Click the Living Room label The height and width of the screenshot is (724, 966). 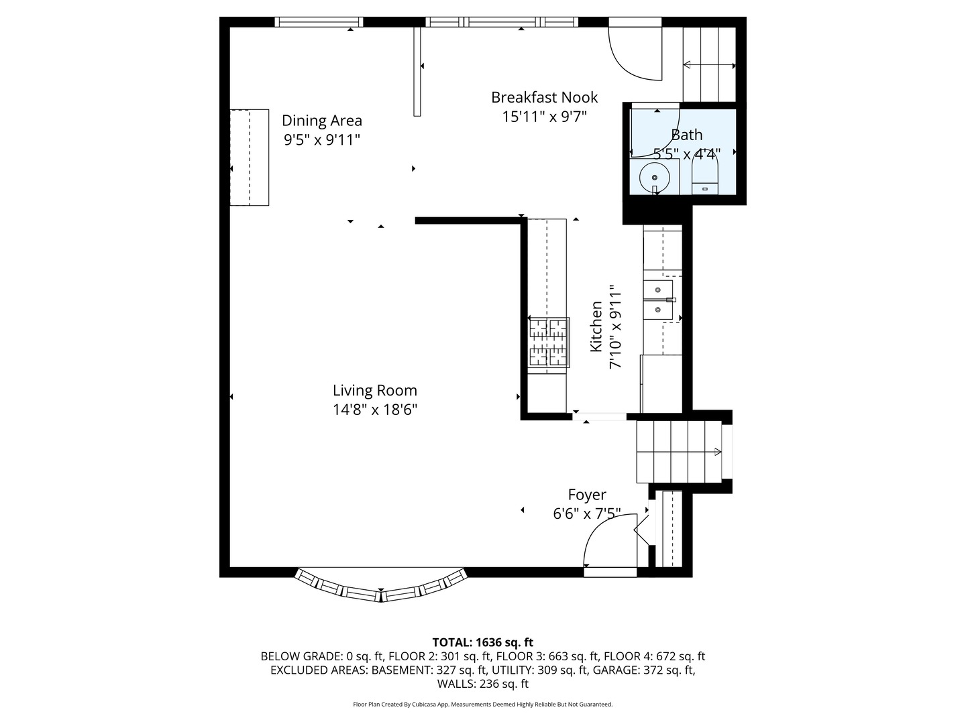click(374, 390)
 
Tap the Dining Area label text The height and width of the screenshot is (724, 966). click(322, 121)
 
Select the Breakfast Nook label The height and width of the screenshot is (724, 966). click(545, 97)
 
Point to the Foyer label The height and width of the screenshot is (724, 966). click(586, 495)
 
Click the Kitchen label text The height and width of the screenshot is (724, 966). click(596, 326)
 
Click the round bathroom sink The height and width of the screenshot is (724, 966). click(655, 178)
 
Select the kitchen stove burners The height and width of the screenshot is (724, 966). click(548, 342)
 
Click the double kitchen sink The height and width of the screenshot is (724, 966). click(658, 300)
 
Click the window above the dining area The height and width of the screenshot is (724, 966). click(319, 22)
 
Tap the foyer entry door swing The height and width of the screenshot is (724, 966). click(610, 541)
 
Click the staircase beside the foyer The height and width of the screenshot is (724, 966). click(679, 451)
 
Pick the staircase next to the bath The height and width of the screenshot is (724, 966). click(709, 64)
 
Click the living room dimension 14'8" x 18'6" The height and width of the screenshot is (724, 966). click(374, 410)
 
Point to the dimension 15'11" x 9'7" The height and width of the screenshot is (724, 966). click(545, 117)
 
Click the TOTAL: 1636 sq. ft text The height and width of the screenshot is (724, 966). click(483, 642)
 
